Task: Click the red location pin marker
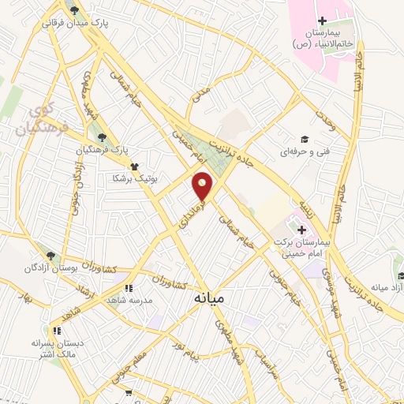203,185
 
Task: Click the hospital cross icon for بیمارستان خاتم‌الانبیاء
322,20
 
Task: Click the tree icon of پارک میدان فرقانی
75,10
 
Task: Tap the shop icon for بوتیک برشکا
136,166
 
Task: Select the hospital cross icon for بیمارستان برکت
301,229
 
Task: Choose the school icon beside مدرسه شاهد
129,287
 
